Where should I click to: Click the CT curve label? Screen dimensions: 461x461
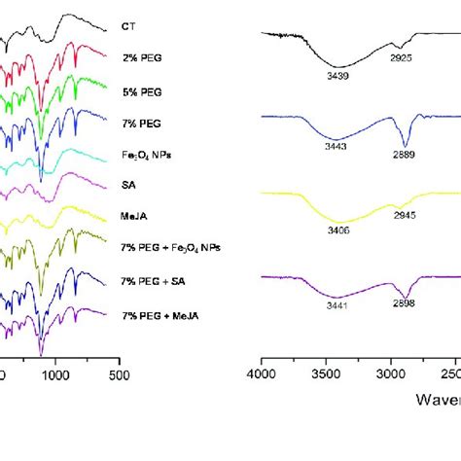128,26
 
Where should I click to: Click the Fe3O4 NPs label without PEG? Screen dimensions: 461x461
144,155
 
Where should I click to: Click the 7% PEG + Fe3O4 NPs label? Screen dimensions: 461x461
170,250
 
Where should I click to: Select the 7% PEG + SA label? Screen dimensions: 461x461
152,282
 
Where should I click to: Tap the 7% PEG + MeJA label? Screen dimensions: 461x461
158,315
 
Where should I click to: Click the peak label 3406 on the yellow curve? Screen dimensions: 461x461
337,230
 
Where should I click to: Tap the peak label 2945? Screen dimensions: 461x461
404,219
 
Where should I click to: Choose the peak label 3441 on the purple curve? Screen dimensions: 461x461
337,305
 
